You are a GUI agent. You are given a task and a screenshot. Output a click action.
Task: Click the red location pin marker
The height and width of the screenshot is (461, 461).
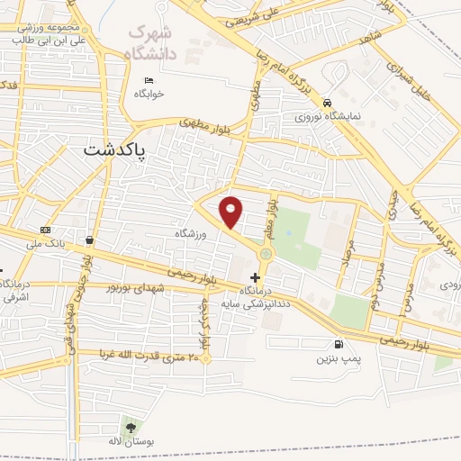click(232, 212)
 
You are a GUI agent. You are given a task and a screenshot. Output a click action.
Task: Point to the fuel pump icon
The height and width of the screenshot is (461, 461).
click(338, 344)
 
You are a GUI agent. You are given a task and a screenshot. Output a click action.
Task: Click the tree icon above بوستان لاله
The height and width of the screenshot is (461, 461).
click(131, 428)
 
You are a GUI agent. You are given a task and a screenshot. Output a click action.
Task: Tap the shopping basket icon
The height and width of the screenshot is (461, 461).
click(90, 240)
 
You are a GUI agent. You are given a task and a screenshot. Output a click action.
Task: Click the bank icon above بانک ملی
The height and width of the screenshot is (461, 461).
click(46, 231)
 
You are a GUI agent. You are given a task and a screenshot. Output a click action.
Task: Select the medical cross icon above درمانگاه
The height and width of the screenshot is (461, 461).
click(255, 277)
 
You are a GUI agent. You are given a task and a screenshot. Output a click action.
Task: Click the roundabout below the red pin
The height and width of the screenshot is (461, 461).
click(266, 255)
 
